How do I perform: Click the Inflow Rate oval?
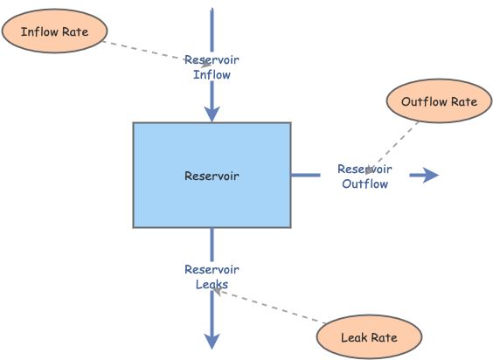point(56,31)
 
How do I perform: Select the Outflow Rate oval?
point(439,101)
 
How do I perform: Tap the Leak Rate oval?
point(369,337)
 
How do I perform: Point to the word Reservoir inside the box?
point(212,176)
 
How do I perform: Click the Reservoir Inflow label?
point(212,67)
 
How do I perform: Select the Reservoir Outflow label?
point(365,176)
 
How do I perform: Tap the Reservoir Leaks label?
point(212,276)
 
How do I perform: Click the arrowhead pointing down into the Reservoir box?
point(212,114)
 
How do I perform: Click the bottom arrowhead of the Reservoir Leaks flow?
point(212,339)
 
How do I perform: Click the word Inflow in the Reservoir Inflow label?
point(212,74)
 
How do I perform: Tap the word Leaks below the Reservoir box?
point(212,284)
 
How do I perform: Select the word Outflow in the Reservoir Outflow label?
point(365,183)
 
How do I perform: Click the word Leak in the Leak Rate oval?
point(354,337)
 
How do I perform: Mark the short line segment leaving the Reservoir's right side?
point(305,176)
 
